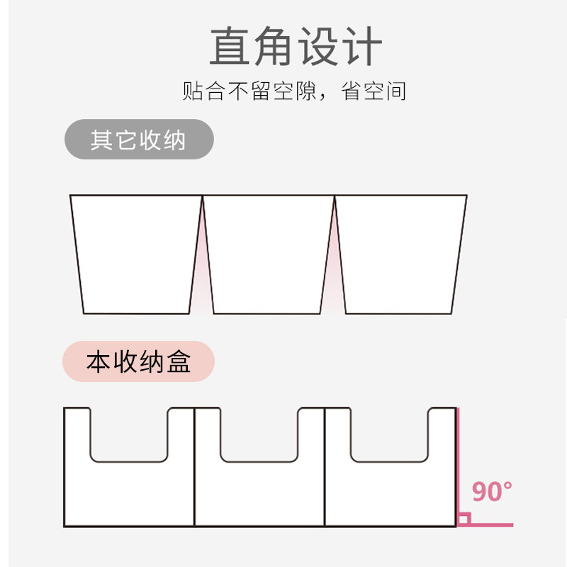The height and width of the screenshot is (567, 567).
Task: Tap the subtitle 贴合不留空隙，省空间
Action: [294, 91]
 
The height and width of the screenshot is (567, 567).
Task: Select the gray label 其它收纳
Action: [138, 140]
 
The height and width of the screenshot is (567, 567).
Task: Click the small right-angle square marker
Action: [464, 520]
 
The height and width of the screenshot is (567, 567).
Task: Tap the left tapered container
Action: [135, 254]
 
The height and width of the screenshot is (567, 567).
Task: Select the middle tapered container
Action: [268, 254]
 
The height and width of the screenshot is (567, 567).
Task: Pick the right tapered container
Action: [400, 254]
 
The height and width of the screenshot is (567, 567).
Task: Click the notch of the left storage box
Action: [129, 432]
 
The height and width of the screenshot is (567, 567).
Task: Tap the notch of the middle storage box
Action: [259, 432]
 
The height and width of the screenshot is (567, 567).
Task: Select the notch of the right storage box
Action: [390, 432]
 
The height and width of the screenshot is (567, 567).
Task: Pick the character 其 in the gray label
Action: [101, 140]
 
